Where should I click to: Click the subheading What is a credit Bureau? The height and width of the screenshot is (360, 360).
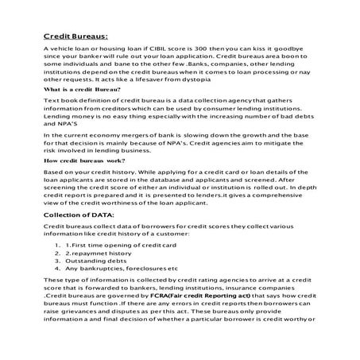[x=81, y=91]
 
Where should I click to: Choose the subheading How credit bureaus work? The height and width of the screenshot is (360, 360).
[x=82, y=161]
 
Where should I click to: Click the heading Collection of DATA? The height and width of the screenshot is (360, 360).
[x=79, y=215]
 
